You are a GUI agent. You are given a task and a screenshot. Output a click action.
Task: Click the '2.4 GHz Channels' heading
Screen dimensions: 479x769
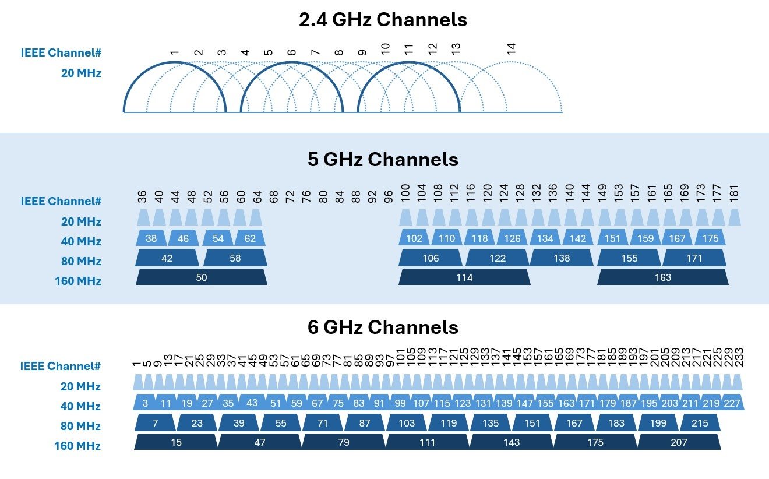383,20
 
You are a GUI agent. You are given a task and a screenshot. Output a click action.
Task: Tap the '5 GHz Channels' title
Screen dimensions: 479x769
383,160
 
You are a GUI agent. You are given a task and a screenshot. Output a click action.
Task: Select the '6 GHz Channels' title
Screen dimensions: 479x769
383,327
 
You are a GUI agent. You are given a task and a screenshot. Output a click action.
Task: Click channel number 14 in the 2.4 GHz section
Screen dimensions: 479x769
512,49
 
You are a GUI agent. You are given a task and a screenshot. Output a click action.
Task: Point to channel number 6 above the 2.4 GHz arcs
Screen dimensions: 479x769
291,52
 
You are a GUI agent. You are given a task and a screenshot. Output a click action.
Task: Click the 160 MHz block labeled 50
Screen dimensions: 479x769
202,277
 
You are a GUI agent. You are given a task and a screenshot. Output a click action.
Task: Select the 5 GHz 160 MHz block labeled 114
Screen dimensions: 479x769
464,277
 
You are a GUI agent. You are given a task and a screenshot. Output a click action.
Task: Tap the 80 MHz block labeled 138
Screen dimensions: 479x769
562,258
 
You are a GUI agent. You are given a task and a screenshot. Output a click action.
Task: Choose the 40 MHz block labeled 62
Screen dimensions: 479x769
250,238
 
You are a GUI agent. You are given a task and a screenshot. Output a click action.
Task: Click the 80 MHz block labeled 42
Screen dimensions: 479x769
167,258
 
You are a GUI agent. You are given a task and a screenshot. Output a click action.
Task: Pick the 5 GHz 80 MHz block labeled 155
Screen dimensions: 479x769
629,258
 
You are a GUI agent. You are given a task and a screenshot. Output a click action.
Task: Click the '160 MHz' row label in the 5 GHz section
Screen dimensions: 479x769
77,281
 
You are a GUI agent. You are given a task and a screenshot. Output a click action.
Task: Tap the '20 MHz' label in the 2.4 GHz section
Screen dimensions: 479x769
81,73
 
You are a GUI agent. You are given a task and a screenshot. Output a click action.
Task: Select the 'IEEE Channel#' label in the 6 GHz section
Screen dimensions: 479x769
61,367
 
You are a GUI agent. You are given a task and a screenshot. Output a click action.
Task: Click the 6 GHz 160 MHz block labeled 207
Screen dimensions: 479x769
679,442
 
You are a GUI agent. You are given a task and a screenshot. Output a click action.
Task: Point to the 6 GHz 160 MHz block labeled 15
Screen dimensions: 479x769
176,442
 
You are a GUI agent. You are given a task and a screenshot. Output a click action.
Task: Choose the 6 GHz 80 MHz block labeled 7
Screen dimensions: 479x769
155,422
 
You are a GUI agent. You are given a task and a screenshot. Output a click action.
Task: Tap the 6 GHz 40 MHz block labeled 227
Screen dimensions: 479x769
733,403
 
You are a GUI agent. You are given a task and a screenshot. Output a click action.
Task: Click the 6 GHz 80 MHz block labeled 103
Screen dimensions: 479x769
407,422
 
